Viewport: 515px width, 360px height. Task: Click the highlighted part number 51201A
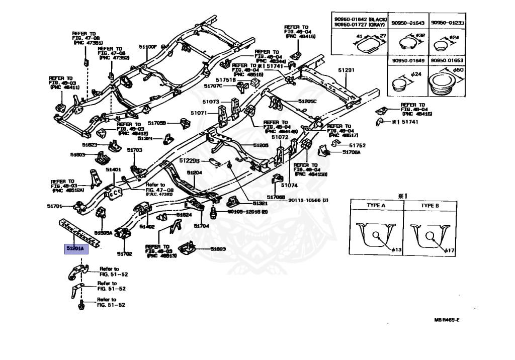tap(75, 248)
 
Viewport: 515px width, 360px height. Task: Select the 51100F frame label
tap(149, 47)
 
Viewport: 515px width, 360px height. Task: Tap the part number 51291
tap(346, 70)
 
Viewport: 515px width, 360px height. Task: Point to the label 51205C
tap(307, 101)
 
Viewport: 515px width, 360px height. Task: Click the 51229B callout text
tap(190, 160)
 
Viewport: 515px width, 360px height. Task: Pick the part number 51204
tap(195, 172)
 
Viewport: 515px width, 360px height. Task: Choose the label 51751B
tap(226, 80)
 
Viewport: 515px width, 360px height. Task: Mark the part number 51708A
tap(352, 152)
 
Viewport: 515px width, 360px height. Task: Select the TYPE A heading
tap(375, 206)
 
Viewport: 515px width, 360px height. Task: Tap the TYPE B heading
tap(430, 206)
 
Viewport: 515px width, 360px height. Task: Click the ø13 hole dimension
tap(396, 250)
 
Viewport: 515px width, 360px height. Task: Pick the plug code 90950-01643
tap(408, 23)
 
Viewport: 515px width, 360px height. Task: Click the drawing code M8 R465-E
tap(447, 320)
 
